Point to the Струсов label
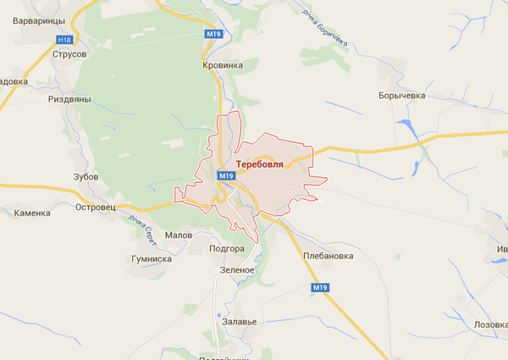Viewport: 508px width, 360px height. tap(69, 54)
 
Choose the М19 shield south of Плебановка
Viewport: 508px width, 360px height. tap(319, 288)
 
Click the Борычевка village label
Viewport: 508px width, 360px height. tap(401, 97)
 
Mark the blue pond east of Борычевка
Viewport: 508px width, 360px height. tap(412, 129)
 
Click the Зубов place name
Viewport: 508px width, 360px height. tap(86, 177)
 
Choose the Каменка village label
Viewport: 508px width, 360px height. tap(32, 213)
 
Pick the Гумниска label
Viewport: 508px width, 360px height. tap(152, 259)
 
